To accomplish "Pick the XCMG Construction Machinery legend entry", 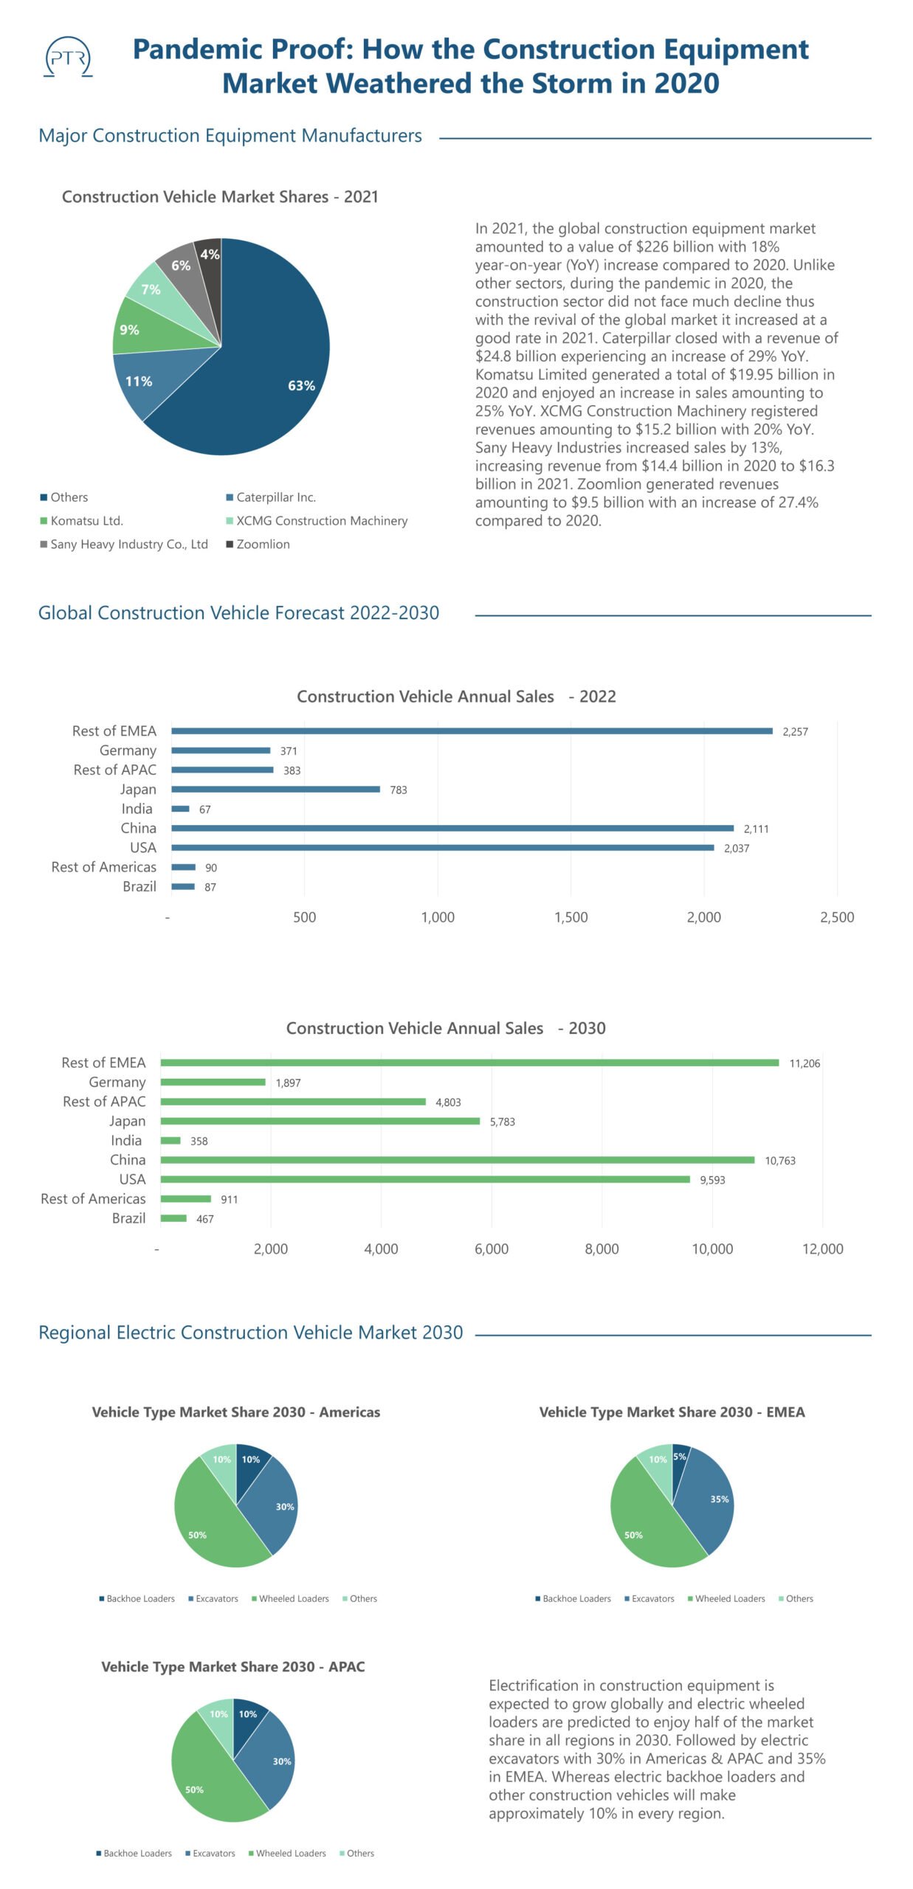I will coord(321,520).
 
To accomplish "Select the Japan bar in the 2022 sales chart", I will coord(275,789).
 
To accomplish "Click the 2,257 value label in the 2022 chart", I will coord(795,731).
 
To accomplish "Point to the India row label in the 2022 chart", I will coord(137,809).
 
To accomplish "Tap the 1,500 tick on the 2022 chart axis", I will coord(571,917).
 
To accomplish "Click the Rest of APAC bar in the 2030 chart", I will coord(293,1102).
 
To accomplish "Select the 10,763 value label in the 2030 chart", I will coord(779,1161).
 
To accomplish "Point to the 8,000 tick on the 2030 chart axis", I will coord(602,1249).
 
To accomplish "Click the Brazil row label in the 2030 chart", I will coord(128,1218).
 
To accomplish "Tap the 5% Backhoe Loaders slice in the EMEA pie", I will coord(679,1457).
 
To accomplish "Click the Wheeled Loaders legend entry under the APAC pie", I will coord(290,1853).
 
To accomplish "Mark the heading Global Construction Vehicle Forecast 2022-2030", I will coord(238,612).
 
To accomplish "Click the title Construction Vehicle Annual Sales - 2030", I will coord(446,1028).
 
